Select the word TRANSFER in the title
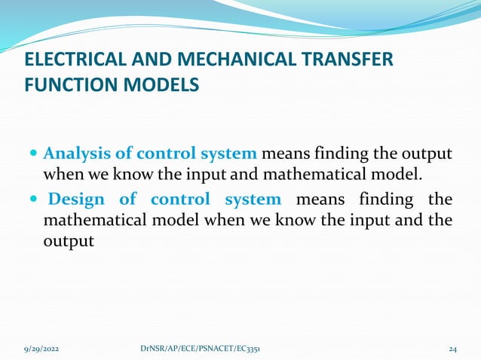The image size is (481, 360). point(350,59)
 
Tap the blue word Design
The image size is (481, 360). point(78,200)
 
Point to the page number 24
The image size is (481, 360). point(452,349)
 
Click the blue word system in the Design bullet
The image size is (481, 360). point(253,200)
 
